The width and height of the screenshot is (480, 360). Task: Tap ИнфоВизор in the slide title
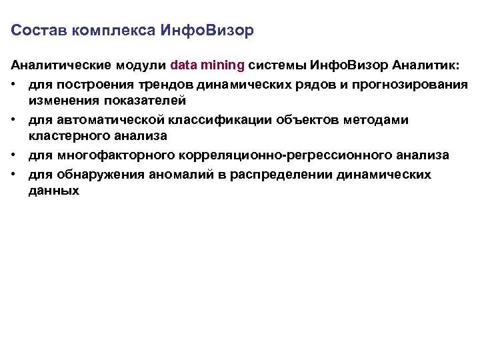tap(207, 31)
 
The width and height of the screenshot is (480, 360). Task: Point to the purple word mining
tap(223, 66)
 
